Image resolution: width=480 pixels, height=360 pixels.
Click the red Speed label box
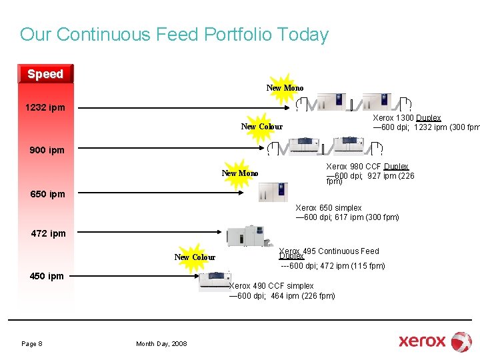click(45, 74)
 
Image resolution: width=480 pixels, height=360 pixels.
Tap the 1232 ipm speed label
click(45, 107)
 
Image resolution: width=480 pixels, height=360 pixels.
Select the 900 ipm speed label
click(47, 150)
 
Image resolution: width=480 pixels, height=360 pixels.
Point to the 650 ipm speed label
click(48, 194)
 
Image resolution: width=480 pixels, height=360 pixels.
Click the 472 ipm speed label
click(49, 233)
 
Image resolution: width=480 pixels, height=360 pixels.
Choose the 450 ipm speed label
click(47, 276)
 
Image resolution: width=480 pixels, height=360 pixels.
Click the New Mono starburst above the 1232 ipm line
click(285, 88)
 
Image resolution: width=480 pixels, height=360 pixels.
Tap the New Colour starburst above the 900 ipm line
click(261, 127)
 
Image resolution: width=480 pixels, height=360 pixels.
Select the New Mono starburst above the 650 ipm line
click(240, 173)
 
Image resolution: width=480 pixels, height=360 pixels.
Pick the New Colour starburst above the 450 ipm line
click(195, 257)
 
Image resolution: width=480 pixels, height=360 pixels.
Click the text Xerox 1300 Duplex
click(407, 118)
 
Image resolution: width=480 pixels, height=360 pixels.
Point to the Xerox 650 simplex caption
click(329, 208)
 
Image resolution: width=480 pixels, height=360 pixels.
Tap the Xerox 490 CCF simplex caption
click(271, 286)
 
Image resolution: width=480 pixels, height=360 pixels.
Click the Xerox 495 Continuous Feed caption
click(329, 252)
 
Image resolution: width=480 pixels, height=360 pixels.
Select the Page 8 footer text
click(32, 343)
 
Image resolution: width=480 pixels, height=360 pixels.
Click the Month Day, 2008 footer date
click(161, 343)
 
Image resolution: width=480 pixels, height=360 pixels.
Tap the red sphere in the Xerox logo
click(461, 341)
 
